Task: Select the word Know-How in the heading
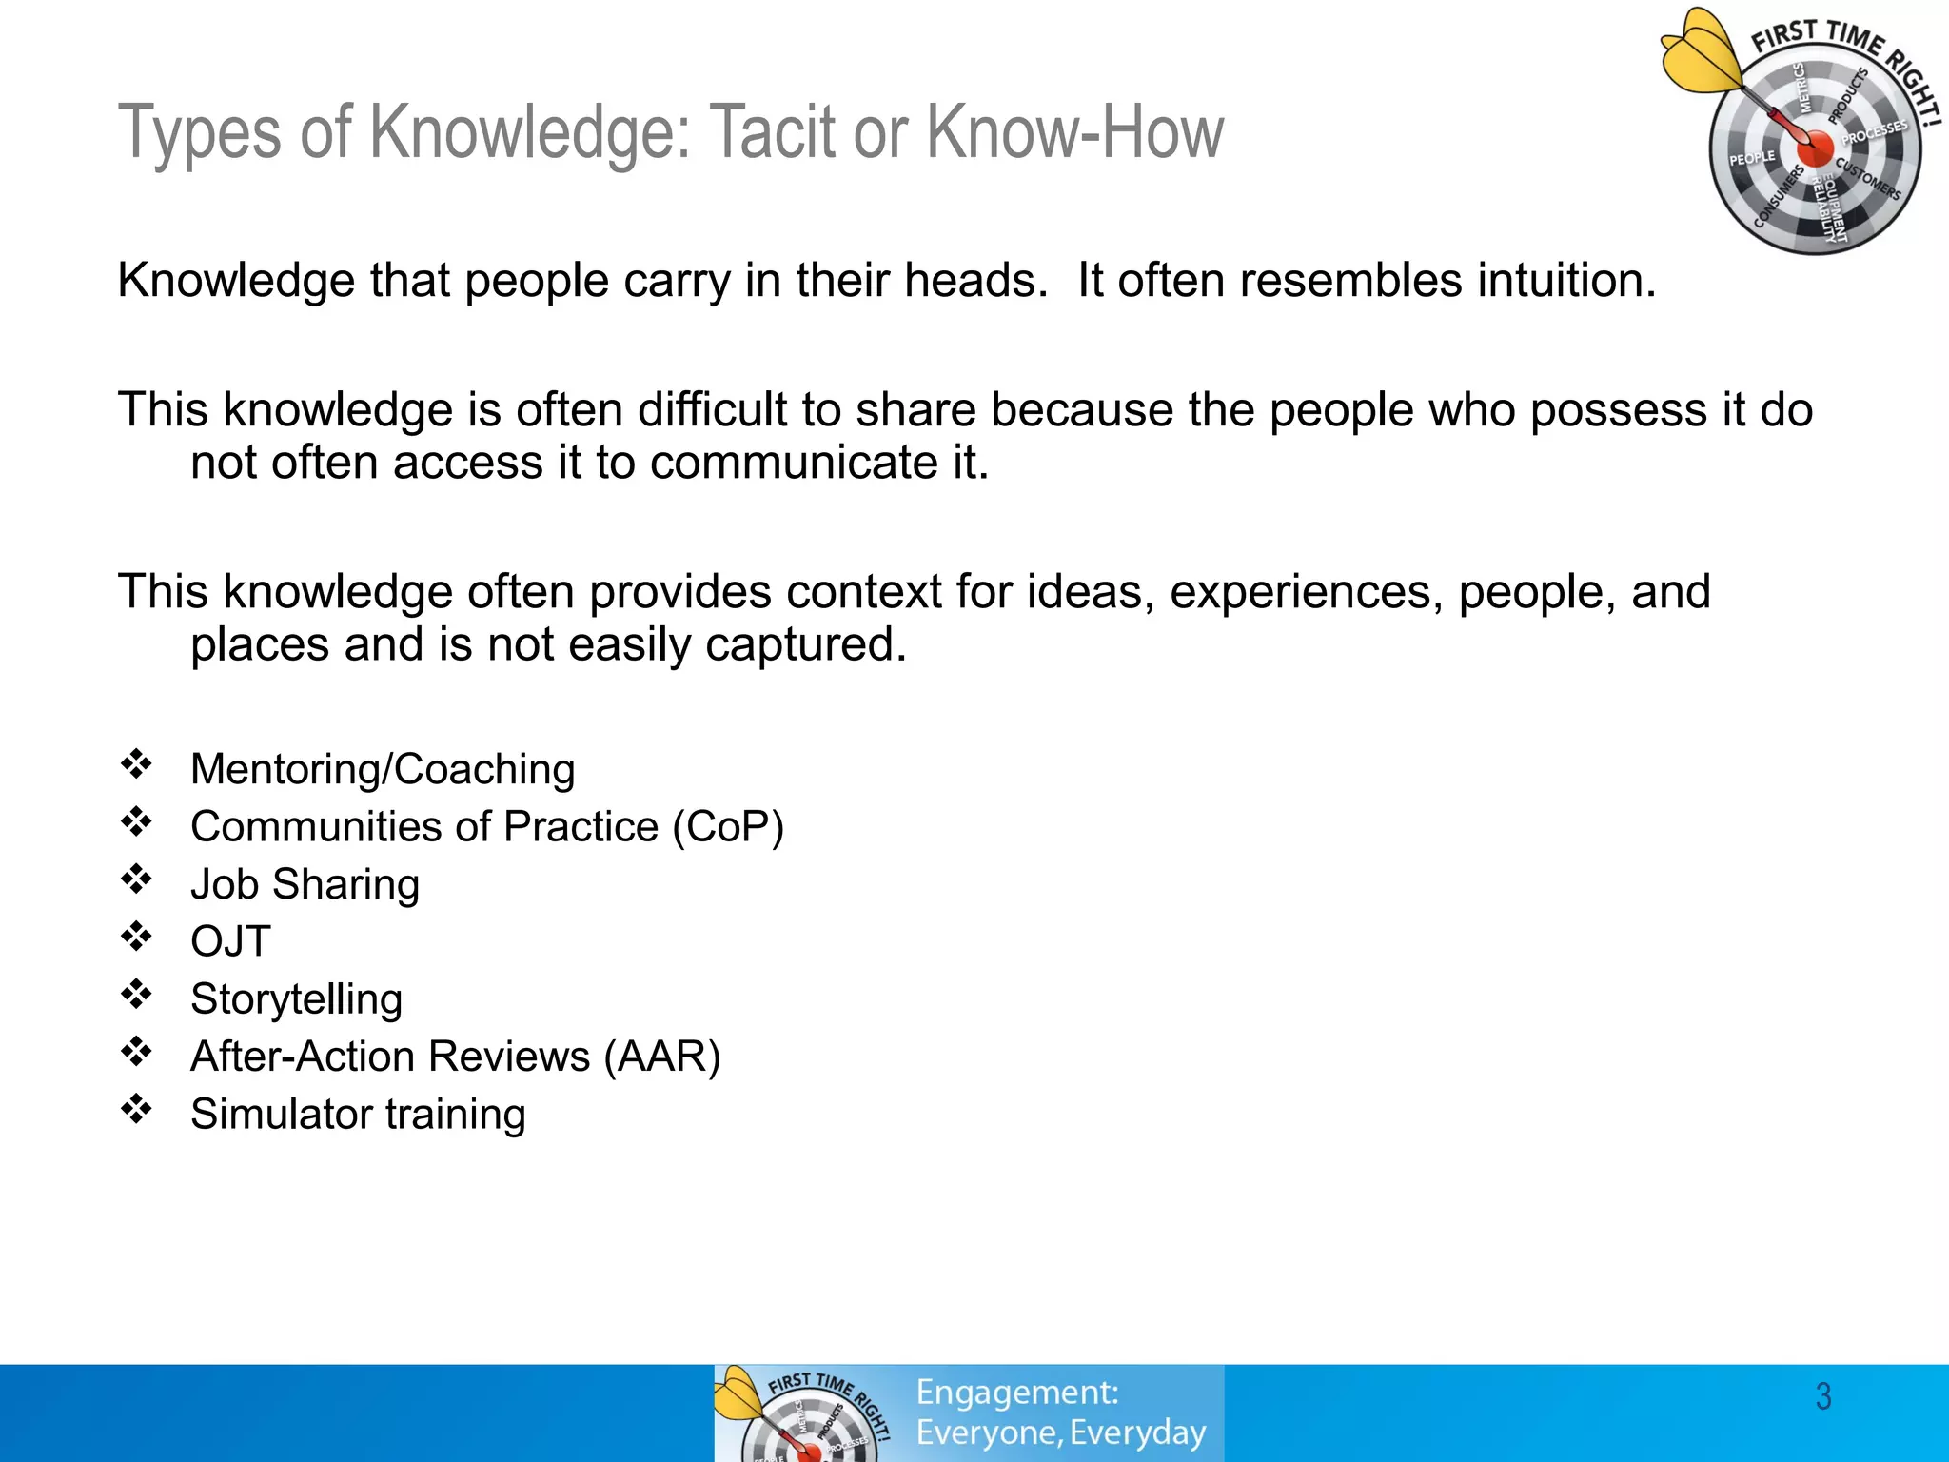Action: [x=1074, y=133]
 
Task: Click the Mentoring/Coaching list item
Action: [x=383, y=769]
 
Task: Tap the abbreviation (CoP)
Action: [x=728, y=826]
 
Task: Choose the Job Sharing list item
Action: [x=305, y=884]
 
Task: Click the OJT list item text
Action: [x=230, y=941]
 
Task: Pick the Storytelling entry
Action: [x=296, y=999]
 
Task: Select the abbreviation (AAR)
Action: [x=662, y=1057]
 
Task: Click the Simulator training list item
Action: [x=358, y=1115]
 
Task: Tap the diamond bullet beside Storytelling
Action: [x=136, y=994]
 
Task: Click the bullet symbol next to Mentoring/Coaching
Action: [x=136, y=764]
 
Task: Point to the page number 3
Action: [x=1822, y=1396]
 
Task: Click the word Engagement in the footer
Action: [x=1016, y=1393]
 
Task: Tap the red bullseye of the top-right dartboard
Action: [x=1814, y=148]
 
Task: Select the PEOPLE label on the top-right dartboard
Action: [x=1752, y=158]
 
